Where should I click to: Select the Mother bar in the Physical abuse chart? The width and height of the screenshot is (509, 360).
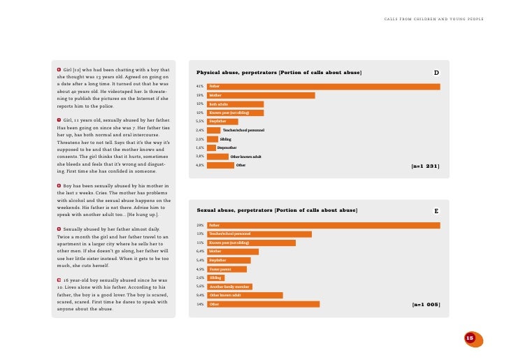pos(261,95)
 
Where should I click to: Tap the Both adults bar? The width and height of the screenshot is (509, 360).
pos(235,103)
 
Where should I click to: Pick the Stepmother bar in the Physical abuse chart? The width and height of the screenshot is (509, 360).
pos(211,147)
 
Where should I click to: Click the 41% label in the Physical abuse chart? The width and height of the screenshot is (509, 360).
pos(199,87)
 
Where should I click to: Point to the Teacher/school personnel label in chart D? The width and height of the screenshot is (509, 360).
pos(243,130)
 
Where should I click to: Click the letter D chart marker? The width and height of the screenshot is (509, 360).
pos(436,73)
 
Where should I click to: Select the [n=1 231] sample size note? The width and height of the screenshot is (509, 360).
pos(425,166)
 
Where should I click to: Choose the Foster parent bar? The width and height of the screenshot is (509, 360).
pos(227,269)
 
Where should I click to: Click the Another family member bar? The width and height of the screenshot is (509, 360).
pos(229,287)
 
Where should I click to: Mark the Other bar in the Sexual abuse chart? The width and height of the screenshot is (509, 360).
pos(263,304)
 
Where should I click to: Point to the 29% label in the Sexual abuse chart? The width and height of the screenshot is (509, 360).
pos(200,225)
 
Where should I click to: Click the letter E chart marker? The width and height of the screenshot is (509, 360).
pos(436,210)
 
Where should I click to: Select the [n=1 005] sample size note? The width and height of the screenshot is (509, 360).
pos(425,305)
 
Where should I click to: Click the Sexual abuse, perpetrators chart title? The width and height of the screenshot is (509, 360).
pos(277,210)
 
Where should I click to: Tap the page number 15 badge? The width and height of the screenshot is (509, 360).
pos(470,338)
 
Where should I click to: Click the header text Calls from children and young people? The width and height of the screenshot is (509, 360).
pos(433,19)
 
